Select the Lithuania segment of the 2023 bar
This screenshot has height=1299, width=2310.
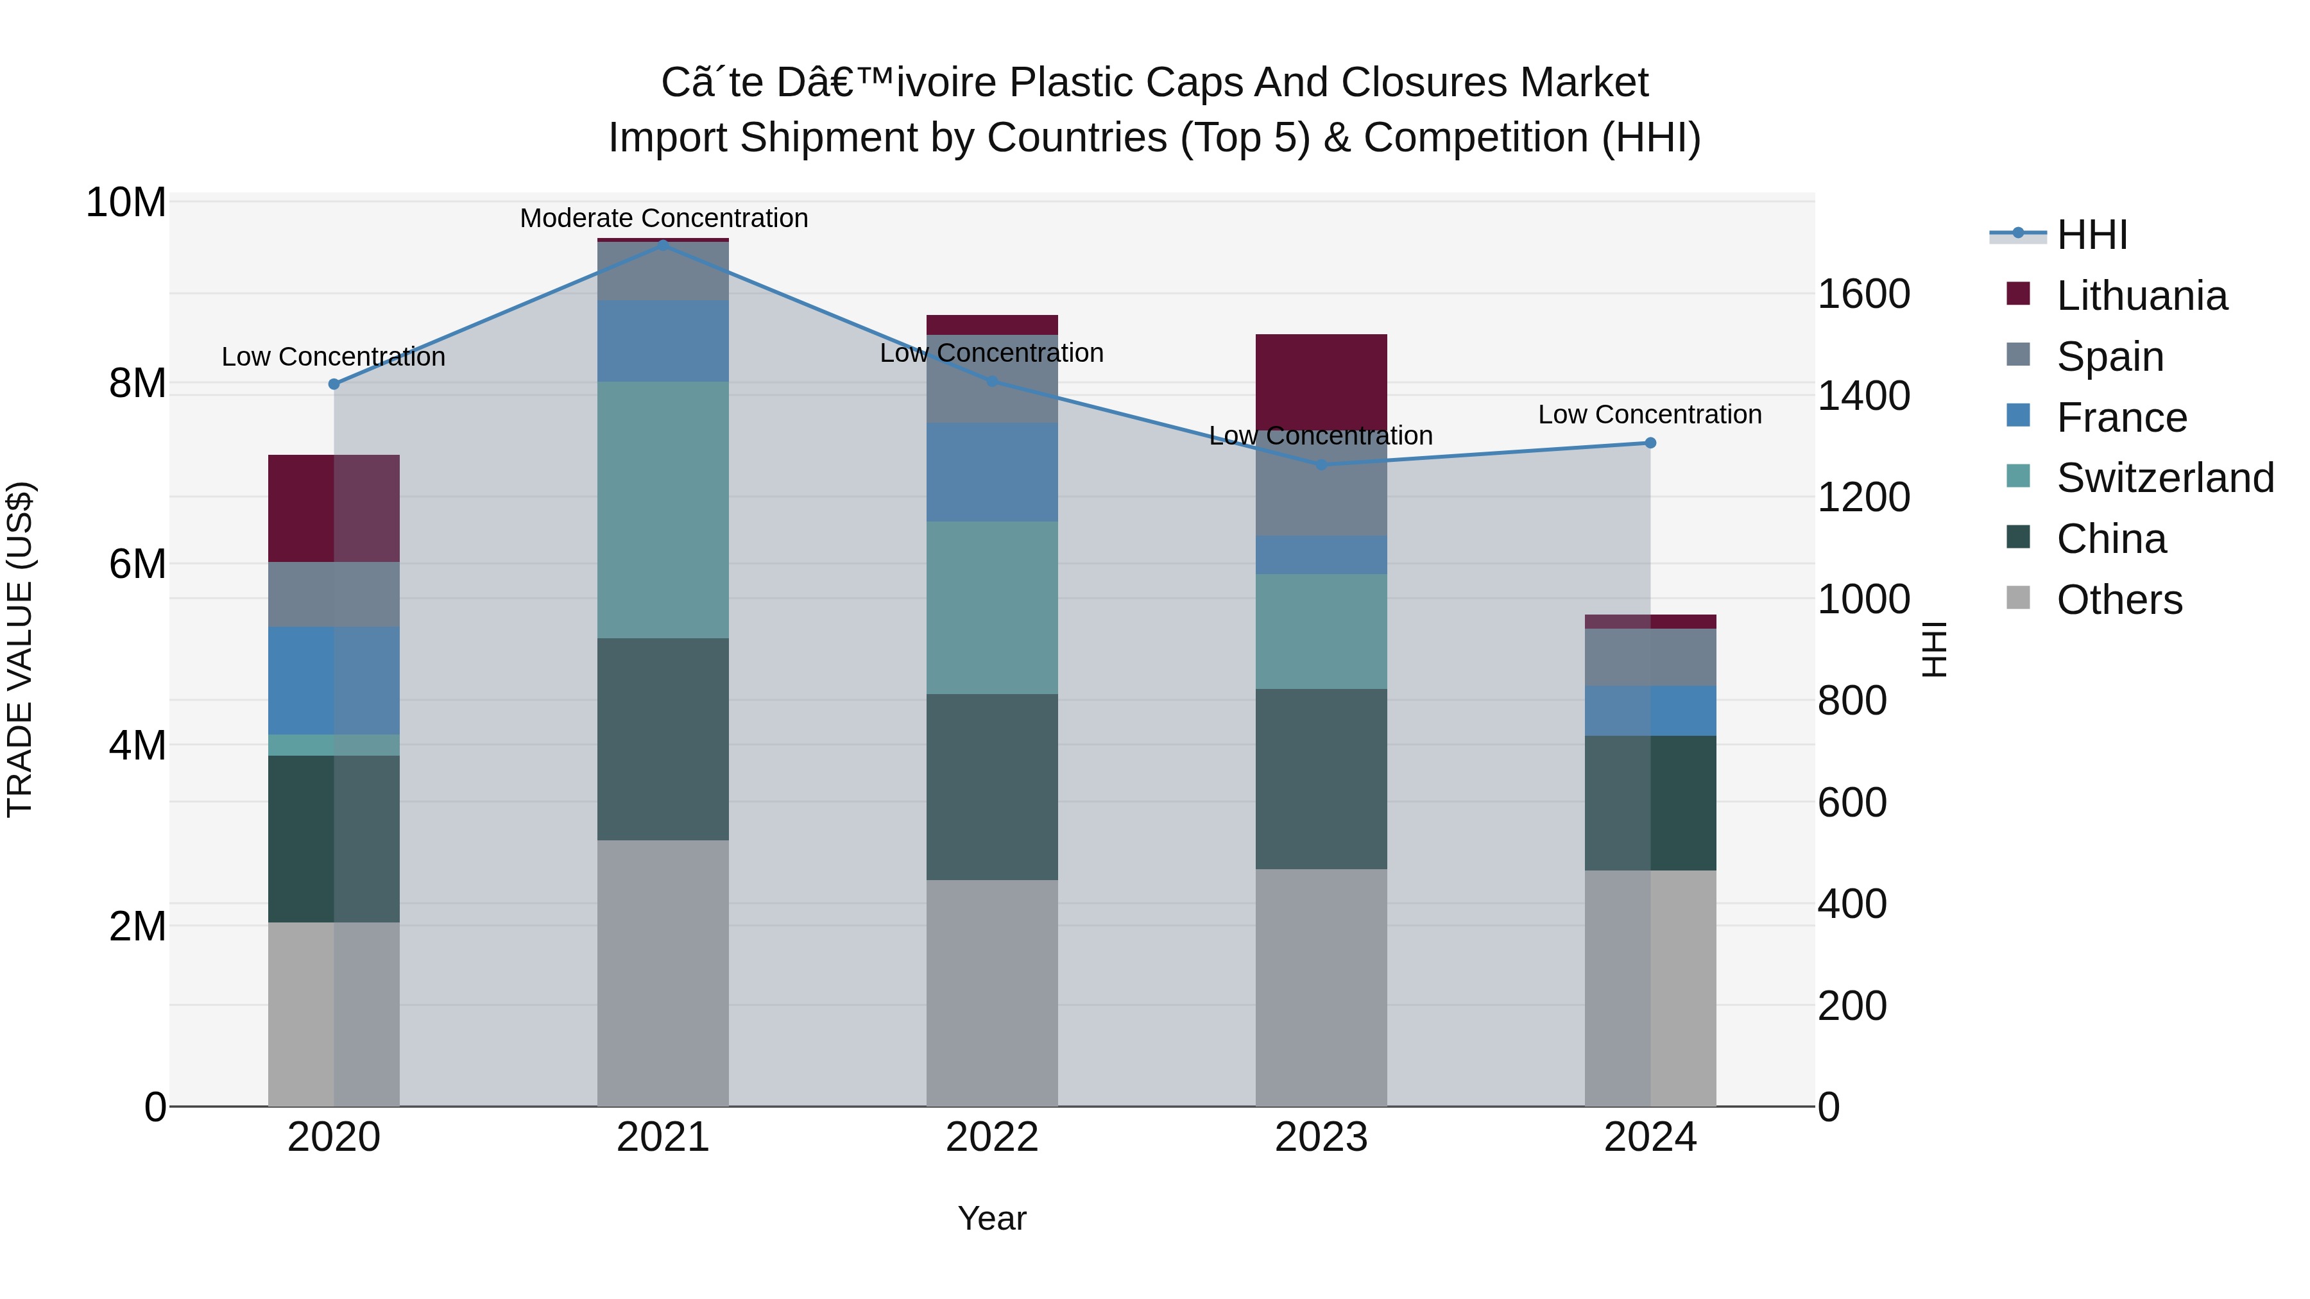[x=1321, y=380]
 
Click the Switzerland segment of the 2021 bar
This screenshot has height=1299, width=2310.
[x=663, y=509]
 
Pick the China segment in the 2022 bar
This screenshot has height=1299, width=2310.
[x=992, y=786]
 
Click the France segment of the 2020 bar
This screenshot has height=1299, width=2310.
[x=334, y=681]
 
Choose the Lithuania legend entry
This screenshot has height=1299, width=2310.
[x=2141, y=296]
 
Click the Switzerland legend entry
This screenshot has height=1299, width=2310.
[x=2165, y=478]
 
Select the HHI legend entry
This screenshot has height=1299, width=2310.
[x=2091, y=235]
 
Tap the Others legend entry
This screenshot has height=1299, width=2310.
[x=2119, y=600]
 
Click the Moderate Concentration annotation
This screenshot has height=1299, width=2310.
[x=663, y=218]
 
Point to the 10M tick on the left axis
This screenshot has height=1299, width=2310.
[x=126, y=203]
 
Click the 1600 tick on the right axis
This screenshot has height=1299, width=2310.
[x=1863, y=294]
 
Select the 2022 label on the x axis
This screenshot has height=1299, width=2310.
[x=992, y=1137]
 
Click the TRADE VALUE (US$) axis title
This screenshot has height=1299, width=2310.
[x=20, y=649]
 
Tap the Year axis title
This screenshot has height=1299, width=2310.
[x=992, y=1218]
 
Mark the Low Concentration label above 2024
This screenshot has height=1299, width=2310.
[x=1650, y=414]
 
